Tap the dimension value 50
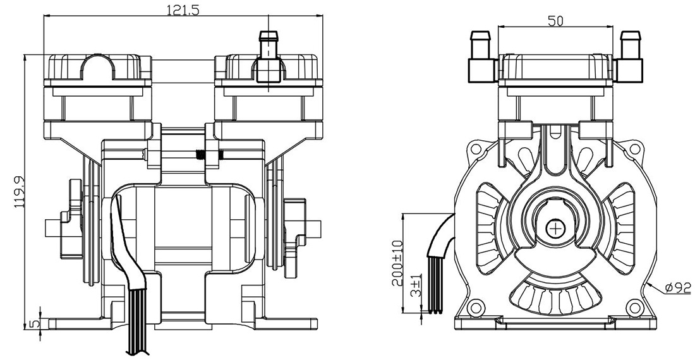point(555,20)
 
